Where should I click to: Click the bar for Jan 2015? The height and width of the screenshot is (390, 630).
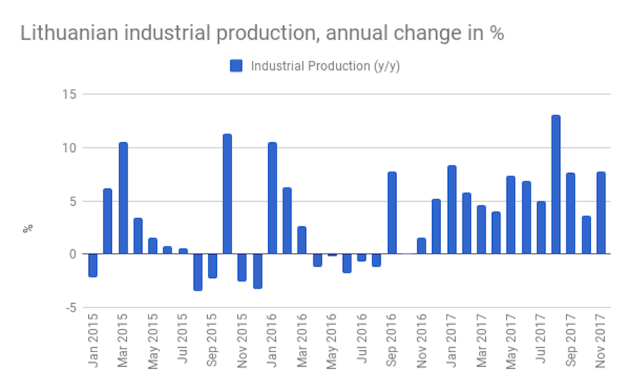tap(93, 265)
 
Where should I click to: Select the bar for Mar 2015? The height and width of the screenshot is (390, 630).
tap(123, 198)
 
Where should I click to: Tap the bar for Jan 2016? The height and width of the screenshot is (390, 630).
tap(272, 198)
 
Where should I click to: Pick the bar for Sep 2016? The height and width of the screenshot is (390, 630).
tap(392, 213)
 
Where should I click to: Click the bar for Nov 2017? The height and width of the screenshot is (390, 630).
tap(601, 213)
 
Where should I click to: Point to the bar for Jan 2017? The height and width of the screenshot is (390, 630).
tap(451, 210)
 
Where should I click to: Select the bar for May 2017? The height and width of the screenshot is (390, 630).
tap(511, 215)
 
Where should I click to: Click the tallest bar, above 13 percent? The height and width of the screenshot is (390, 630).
tap(556, 185)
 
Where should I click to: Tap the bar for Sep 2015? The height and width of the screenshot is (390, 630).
tap(213, 265)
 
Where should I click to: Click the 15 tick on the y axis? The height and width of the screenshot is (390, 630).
tap(70, 95)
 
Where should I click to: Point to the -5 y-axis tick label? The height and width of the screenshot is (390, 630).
tap(70, 307)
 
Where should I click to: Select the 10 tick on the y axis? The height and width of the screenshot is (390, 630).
tap(70, 148)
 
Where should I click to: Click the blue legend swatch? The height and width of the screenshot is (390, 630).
tap(236, 66)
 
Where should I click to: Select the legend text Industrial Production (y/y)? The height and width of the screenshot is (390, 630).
tap(325, 66)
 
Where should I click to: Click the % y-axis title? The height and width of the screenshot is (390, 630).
tap(28, 228)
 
